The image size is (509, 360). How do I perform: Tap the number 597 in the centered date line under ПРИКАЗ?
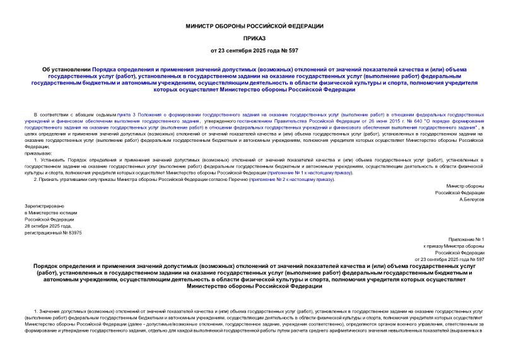(x=292, y=50)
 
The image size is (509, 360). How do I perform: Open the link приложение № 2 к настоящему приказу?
(x=291, y=180)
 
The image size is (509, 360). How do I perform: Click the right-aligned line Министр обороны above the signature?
(x=465, y=187)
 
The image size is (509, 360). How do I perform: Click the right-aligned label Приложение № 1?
(x=467, y=240)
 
